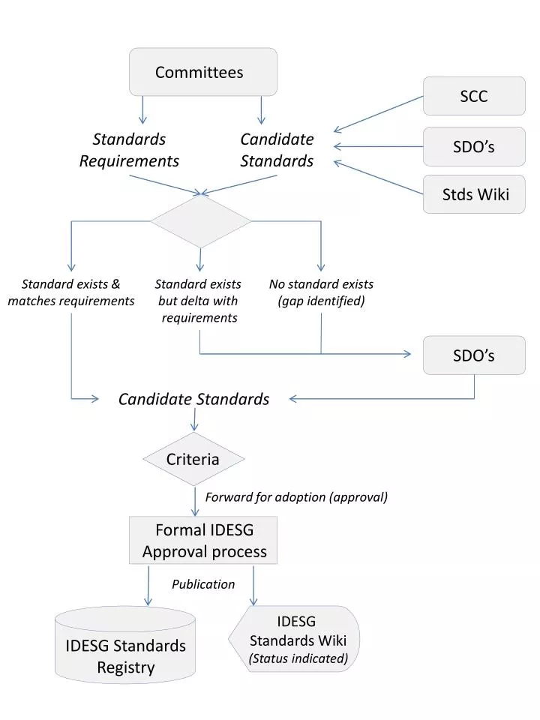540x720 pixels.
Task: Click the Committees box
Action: [202, 72]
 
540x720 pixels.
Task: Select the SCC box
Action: [473, 96]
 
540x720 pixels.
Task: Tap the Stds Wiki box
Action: [473, 194]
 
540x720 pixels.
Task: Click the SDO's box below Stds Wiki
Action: [473, 355]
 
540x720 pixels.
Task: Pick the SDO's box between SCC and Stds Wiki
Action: [473, 146]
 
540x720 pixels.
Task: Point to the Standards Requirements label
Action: [129, 150]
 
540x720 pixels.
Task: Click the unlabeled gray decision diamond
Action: [200, 221]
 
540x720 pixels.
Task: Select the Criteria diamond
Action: [193, 459]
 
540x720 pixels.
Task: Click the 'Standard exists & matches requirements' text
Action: [71, 292]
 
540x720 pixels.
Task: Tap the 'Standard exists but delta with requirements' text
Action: [199, 301]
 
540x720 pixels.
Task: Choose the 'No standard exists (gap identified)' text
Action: [321, 292]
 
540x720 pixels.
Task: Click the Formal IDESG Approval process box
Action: [204, 541]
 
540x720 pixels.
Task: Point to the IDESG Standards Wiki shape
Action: [296, 639]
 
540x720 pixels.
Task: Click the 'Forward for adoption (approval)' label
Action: [296, 497]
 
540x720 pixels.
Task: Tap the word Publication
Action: [203, 584]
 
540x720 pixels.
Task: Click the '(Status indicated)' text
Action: [298, 658]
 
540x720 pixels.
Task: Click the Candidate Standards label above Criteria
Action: [193, 399]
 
